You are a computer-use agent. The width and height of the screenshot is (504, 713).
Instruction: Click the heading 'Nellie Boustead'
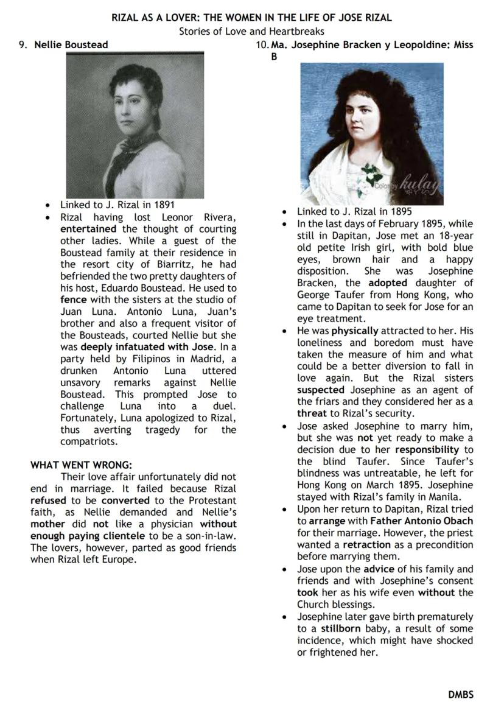[x=71, y=44]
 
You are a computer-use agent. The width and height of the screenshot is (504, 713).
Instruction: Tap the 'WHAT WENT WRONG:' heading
[x=81, y=465]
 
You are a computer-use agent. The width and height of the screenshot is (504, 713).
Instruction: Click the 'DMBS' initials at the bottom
[x=461, y=694]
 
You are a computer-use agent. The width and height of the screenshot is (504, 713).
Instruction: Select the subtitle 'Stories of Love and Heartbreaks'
[x=251, y=31]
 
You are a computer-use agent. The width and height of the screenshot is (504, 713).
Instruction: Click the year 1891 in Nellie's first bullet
[x=163, y=205]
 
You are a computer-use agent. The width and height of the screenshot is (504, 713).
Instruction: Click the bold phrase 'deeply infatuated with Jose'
[x=147, y=346]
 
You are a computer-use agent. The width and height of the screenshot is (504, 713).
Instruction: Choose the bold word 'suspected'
[x=321, y=390]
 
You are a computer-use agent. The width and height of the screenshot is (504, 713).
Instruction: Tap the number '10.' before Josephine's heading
[x=262, y=44]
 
